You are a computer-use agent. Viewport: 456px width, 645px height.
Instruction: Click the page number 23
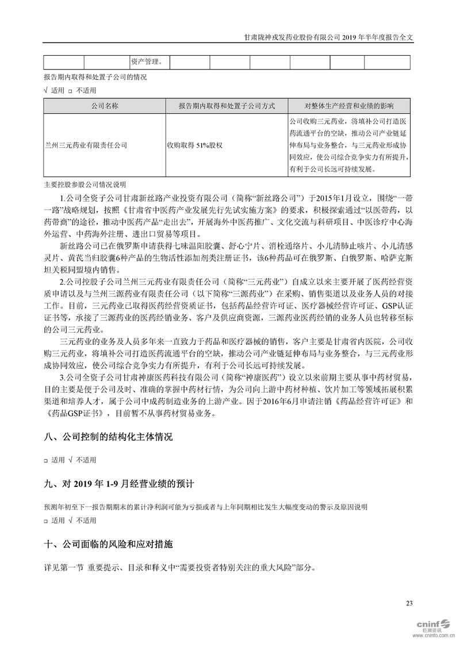[409, 603]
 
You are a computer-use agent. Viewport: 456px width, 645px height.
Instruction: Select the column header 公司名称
[104, 106]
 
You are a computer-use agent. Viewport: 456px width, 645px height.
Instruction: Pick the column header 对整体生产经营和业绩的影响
[349, 106]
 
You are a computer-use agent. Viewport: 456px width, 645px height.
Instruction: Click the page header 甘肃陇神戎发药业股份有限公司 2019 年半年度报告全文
[329, 36]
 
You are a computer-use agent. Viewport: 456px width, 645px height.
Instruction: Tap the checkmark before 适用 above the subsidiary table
[46, 90]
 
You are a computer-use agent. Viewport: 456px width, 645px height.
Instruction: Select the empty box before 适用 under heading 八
[46, 460]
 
